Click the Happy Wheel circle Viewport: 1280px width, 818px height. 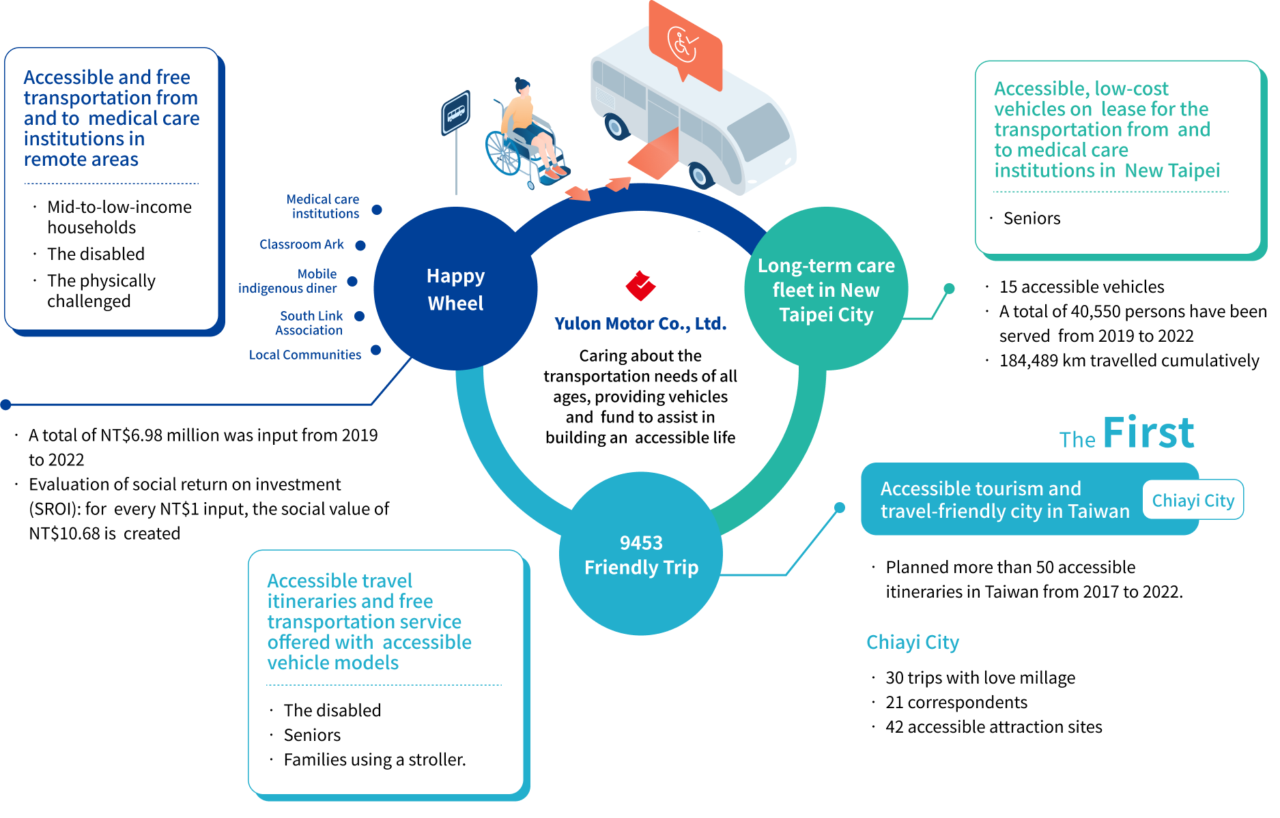click(x=455, y=289)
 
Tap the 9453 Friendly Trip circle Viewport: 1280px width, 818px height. click(x=641, y=554)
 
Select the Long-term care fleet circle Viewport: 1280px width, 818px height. click(x=826, y=289)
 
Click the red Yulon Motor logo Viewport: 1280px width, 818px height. click(x=640, y=286)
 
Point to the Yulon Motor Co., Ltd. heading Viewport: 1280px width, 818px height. click(x=640, y=323)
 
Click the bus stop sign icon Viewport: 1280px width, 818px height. click(x=455, y=113)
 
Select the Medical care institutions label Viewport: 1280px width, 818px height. click(x=324, y=206)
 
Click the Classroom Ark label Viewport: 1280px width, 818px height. click(x=302, y=244)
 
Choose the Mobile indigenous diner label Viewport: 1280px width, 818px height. click(x=288, y=281)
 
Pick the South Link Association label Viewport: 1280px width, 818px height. click(x=310, y=323)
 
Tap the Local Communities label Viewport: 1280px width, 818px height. click(x=304, y=355)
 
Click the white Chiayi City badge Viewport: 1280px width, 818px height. click(x=1193, y=500)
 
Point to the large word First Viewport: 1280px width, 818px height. click(x=1148, y=433)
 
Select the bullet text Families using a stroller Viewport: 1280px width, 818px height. click(x=374, y=759)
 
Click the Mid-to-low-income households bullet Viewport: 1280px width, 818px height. click(x=119, y=217)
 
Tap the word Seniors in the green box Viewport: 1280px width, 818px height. click(x=1032, y=218)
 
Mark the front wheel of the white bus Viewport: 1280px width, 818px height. click(x=700, y=175)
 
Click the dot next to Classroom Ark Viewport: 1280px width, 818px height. click(x=360, y=245)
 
